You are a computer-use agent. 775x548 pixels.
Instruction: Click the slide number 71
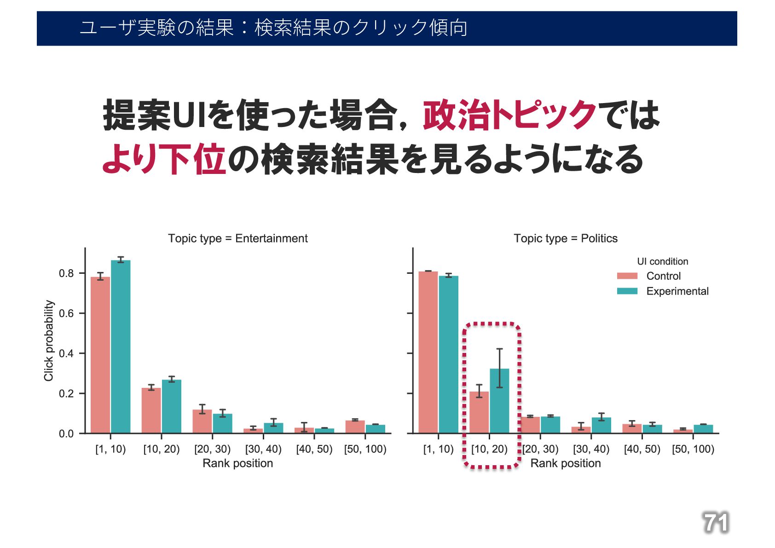(x=716, y=523)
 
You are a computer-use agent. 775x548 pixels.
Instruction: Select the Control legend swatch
(x=627, y=276)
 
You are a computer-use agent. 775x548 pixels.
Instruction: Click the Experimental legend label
(x=677, y=291)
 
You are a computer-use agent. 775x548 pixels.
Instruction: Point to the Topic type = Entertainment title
(x=237, y=238)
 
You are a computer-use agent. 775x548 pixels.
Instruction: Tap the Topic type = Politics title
(x=565, y=238)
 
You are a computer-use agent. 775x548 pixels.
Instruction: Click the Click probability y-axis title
(x=49, y=340)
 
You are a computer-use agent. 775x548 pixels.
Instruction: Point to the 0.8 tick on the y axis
(x=66, y=273)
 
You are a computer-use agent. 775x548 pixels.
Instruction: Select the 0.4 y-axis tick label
(x=66, y=353)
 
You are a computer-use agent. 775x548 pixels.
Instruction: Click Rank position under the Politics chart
(x=565, y=463)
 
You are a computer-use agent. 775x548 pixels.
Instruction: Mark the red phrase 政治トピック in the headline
(x=509, y=115)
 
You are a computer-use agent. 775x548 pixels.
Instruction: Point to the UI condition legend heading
(x=662, y=261)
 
